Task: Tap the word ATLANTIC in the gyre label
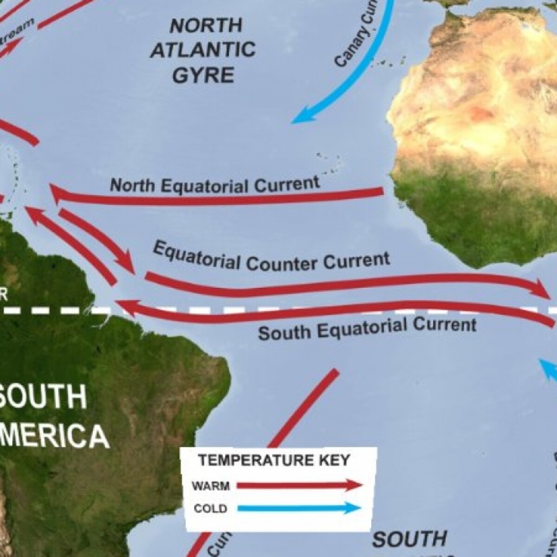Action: click(x=203, y=49)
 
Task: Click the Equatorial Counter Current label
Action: click(x=271, y=256)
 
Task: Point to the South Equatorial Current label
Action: click(x=367, y=328)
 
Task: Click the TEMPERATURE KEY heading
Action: click(x=274, y=460)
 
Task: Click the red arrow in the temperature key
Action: click(x=299, y=486)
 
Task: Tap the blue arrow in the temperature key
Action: click(x=299, y=508)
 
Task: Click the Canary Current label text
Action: click(x=357, y=39)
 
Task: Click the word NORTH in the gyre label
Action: click(x=206, y=26)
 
